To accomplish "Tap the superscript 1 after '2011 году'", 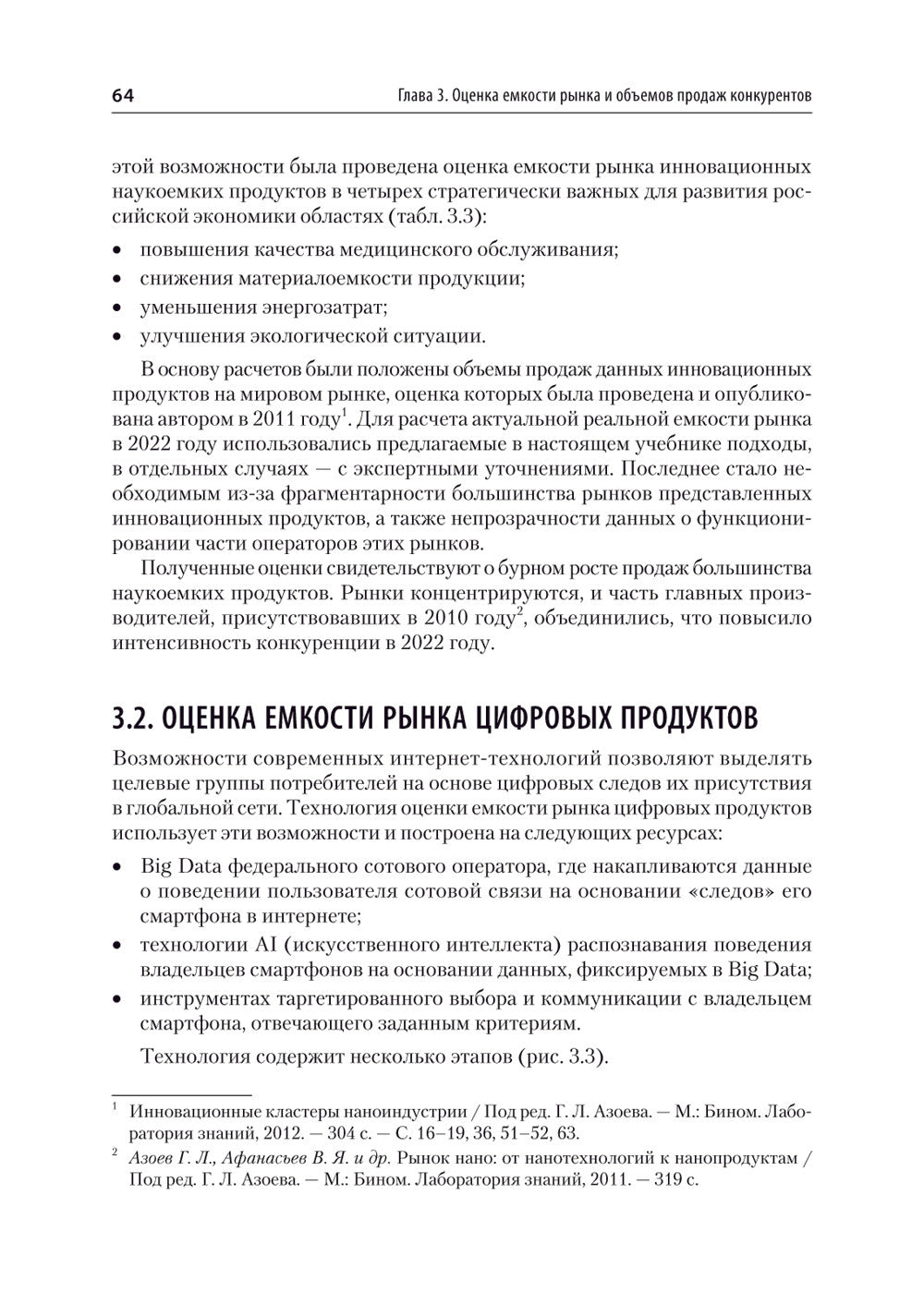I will click(x=345, y=415).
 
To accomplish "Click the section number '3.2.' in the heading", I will click(x=137, y=717).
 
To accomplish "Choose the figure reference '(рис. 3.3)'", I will click(x=563, y=1056).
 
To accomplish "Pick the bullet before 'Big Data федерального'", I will click(x=117, y=867).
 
